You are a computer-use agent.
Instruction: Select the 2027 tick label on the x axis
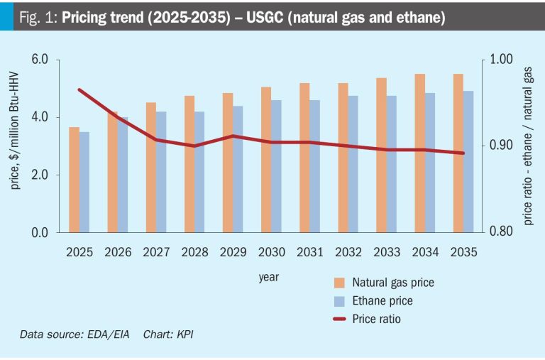tap(156, 253)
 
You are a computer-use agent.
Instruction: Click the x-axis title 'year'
tap(268, 277)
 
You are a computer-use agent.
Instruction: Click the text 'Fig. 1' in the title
tap(35, 16)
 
